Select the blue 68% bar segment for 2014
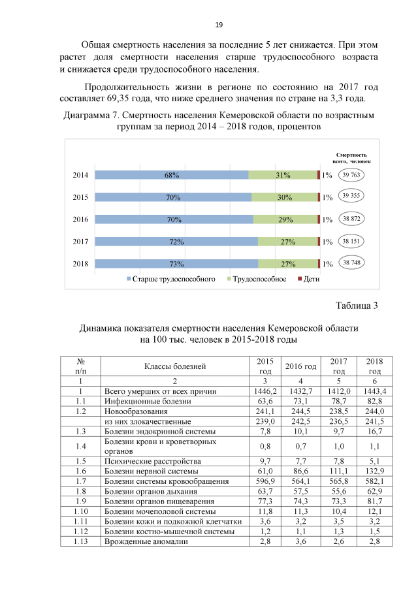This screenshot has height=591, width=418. [172, 175]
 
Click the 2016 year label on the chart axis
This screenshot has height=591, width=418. [81, 219]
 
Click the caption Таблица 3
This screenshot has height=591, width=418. [357, 305]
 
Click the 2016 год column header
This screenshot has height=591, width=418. [300, 366]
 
